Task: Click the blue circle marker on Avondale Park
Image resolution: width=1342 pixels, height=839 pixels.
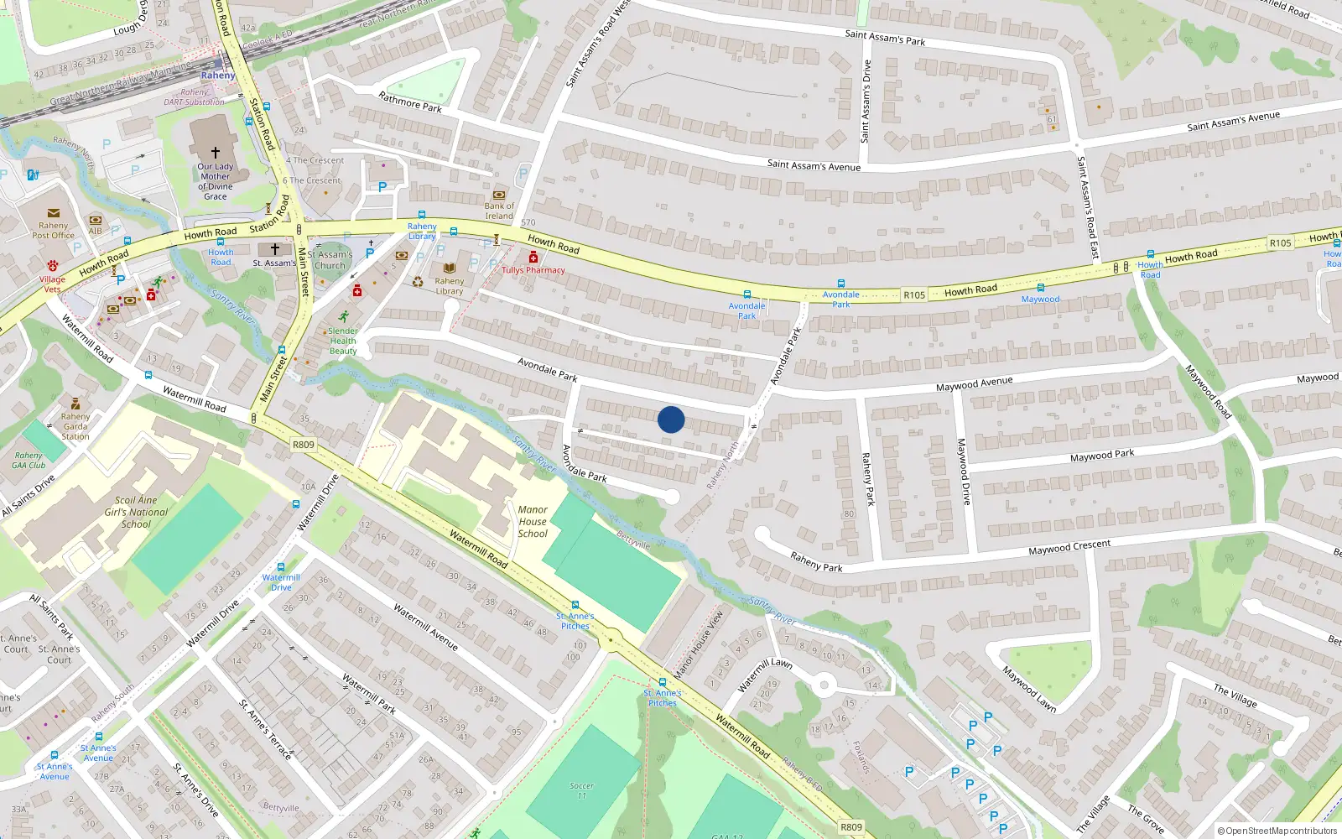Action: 671,419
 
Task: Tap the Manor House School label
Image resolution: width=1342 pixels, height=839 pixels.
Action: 533,521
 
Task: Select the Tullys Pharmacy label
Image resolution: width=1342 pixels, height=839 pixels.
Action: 533,270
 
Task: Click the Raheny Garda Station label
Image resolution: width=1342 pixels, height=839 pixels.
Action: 75,426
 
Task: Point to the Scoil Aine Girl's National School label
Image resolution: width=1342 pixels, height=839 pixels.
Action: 136,512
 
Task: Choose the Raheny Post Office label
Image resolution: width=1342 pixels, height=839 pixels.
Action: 53,231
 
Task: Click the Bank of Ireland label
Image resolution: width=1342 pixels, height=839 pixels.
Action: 499,211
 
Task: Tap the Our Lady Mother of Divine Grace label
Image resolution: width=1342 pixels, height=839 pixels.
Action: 215,181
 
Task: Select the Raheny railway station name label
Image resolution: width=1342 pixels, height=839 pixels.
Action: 218,76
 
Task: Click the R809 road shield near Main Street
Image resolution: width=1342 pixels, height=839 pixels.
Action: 304,445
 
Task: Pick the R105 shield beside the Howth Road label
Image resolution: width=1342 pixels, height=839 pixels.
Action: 914,295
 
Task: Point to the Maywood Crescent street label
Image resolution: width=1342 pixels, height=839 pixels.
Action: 1069,547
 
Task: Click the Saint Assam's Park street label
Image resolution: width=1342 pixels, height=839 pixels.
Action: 885,37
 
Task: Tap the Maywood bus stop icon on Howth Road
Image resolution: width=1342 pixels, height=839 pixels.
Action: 1040,288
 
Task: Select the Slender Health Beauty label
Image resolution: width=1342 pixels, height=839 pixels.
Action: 343,341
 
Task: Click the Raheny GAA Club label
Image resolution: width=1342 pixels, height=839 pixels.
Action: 29,461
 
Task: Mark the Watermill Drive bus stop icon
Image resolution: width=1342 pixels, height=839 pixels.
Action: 281,567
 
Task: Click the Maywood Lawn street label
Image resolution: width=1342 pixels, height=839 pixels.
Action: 1029,689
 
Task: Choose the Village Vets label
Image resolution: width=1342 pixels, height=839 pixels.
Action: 52,284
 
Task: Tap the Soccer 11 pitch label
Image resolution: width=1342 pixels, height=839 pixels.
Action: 581,790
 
